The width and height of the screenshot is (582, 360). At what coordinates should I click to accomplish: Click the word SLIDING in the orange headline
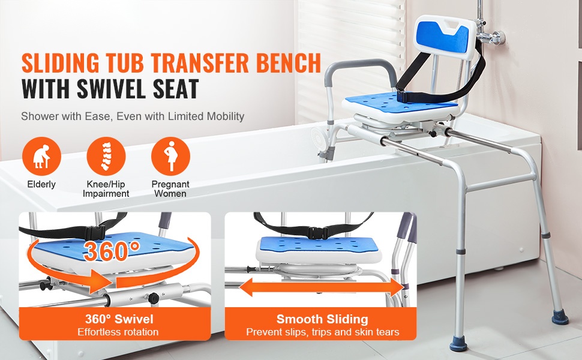tap(61, 63)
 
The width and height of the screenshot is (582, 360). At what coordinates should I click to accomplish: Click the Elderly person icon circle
tap(41, 156)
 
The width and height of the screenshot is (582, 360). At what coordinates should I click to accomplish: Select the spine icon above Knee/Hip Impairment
tap(106, 156)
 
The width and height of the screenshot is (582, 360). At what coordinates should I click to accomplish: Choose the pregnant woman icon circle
tap(170, 156)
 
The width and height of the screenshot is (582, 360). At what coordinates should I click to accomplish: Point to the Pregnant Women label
tap(170, 188)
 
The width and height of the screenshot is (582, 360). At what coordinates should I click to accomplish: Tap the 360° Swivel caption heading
tap(119, 319)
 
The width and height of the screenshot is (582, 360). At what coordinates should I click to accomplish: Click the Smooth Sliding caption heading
tap(322, 319)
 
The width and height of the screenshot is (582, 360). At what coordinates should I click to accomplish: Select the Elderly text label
tap(41, 184)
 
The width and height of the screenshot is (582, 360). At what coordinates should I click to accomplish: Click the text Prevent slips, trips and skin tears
tap(323, 332)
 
